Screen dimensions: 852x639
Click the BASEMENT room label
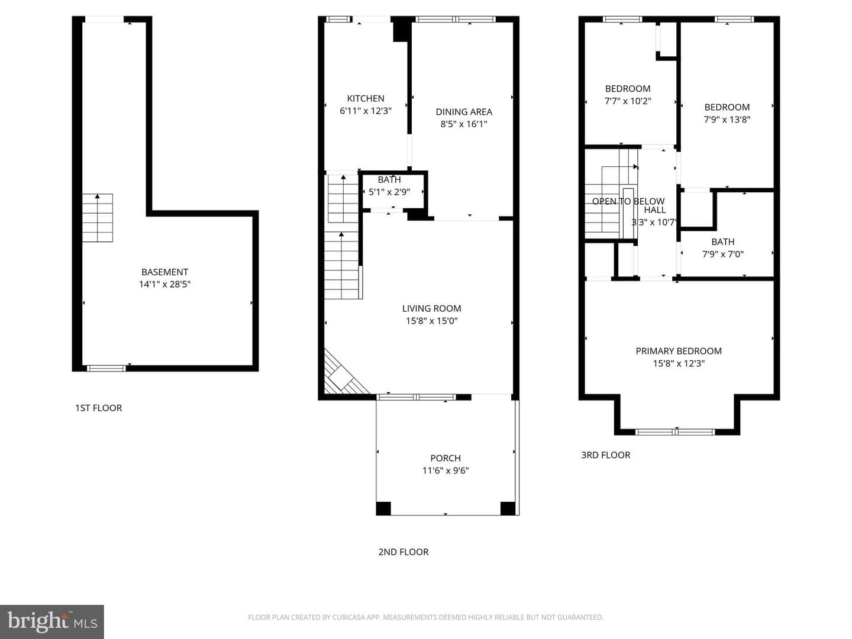coord(164,272)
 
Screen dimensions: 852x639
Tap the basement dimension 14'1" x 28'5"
coord(164,285)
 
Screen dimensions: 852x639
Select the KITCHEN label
coord(366,99)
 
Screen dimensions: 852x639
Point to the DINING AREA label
coord(464,112)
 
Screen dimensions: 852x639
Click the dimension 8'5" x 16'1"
coord(463,124)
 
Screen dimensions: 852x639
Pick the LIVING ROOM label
coord(432,308)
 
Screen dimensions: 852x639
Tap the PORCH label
coord(446,458)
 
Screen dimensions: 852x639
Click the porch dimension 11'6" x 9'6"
coord(446,470)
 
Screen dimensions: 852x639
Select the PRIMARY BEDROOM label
coord(679,351)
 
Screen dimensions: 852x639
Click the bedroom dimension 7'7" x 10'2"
coord(628,101)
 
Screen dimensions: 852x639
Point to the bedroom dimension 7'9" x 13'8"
coord(727,120)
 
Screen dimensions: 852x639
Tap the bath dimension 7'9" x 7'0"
coord(723,254)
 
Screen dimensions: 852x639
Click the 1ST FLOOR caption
coord(99,408)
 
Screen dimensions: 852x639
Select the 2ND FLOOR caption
coord(404,551)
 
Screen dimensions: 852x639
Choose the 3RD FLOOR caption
coord(605,455)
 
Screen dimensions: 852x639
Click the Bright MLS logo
coord(52,621)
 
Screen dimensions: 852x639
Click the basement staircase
coord(98,218)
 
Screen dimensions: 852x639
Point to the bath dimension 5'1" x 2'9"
coord(389,192)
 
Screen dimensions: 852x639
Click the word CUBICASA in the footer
coord(347,617)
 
